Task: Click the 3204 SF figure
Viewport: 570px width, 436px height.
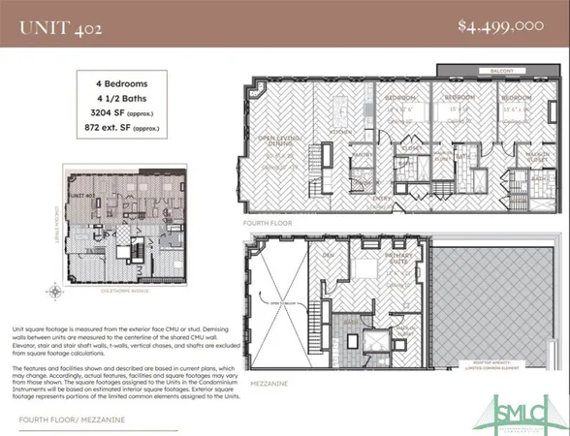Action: click(x=120, y=112)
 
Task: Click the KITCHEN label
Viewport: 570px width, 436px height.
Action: click(x=341, y=131)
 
